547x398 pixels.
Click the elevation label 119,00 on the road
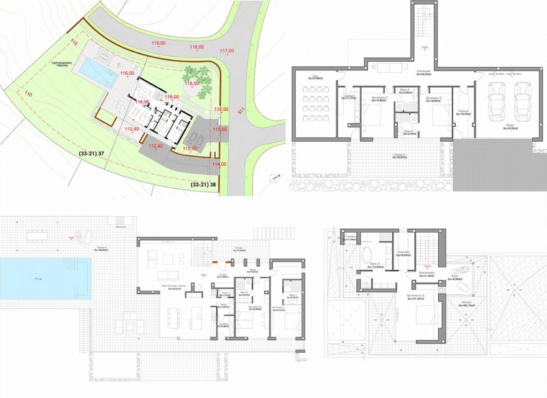click(159, 43)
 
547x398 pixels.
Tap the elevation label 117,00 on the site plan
click(227, 50)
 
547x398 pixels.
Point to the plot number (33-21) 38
click(203, 185)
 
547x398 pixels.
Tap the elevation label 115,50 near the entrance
click(221, 109)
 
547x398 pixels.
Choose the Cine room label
click(315, 76)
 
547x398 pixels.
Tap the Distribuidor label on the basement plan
click(423, 72)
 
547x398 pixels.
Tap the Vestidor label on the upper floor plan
click(402, 253)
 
